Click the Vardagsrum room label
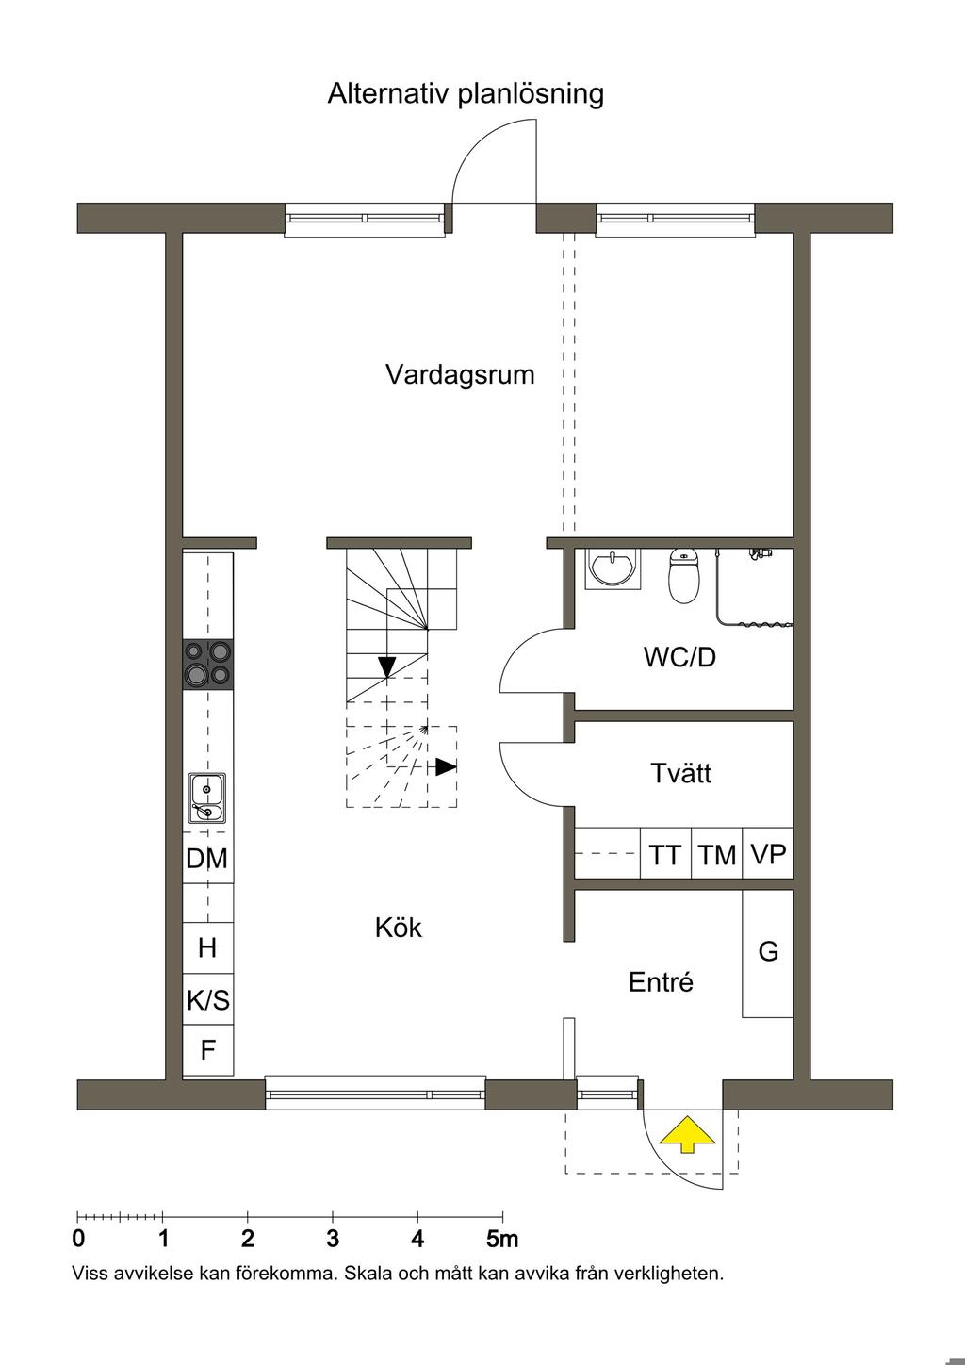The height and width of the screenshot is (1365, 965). tap(460, 375)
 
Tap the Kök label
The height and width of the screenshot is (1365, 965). tap(399, 928)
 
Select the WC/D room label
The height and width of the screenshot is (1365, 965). tap(679, 657)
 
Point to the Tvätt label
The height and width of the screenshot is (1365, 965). tap(680, 773)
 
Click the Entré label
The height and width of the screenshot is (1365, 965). tap(661, 982)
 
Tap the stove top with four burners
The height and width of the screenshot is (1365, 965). tap(207, 665)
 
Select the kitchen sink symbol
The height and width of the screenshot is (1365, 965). tap(207, 798)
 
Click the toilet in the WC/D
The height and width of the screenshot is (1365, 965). tap(683, 575)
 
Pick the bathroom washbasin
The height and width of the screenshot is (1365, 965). tap(613, 568)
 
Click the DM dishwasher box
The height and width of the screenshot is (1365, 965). tap(207, 858)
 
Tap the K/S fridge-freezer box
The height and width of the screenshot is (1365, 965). tap(207, 999)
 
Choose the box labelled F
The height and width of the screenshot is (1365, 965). tap(207, 1050)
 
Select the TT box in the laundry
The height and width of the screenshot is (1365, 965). tap(665, 853)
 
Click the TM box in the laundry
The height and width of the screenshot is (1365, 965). tap(716, 853)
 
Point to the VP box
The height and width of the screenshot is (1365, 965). tap(768, 853)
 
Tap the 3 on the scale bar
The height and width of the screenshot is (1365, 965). tap(333, 1239)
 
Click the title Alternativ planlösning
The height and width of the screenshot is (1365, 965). tap(466, 95)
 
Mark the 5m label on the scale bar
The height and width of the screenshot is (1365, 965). tap(502, 1239)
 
